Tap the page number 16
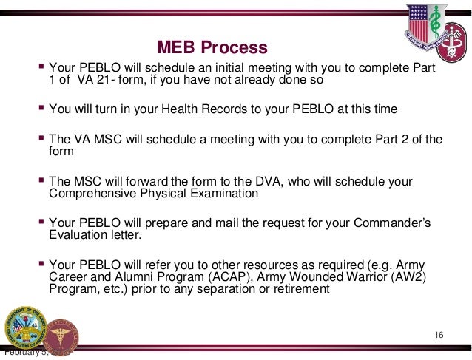pos(439,337)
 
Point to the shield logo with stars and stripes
pos(422,26)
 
